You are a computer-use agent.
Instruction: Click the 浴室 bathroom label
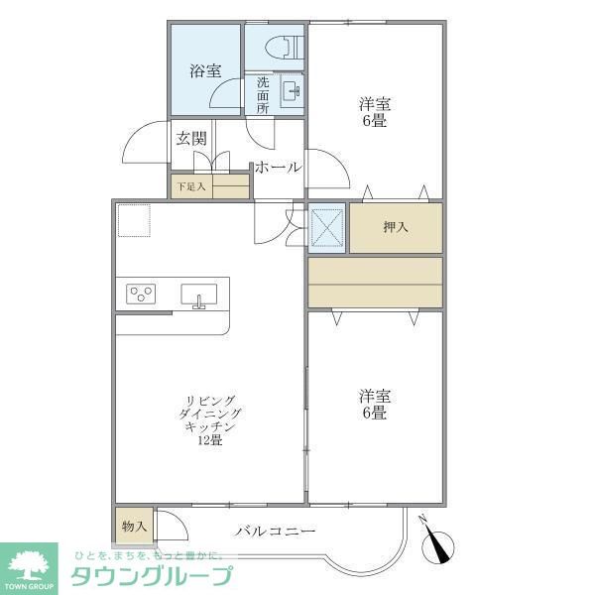coord(205,70)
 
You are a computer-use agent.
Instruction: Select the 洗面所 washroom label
coord(263,95)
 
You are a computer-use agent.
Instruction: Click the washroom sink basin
coord(292,92)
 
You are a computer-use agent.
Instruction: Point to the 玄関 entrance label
coord(190,139)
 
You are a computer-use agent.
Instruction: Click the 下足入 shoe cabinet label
coord(190,185)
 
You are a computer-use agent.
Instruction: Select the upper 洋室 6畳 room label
coord(374,112)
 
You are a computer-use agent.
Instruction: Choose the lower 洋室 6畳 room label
coord(374,404)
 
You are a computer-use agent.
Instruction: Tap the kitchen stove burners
coord(141,294)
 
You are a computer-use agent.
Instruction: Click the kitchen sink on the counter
coord(198,295)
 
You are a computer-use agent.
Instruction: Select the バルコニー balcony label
coord(276,532)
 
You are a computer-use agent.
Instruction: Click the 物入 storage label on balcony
coord(134,526)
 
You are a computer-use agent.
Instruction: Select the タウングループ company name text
coord(151,576)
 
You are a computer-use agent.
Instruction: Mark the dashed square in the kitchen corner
coord(133,220)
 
